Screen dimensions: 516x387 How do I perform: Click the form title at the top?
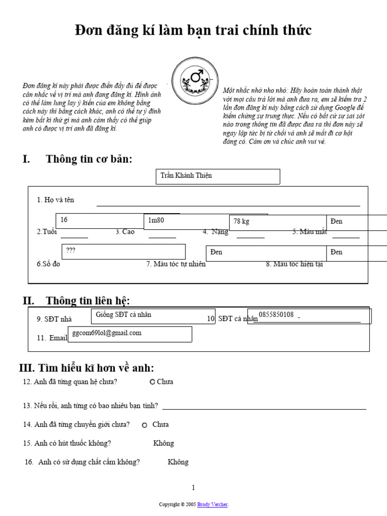coord(193,31)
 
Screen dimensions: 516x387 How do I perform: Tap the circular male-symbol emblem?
coord(195,80)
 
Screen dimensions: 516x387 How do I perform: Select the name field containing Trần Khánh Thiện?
coord(217,176)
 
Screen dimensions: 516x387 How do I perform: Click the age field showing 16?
coord(99,221)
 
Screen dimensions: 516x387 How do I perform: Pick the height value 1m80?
coord(186,221)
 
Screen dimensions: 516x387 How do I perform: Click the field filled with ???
coord(123,251)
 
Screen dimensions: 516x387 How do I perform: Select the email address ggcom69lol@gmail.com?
coord(130,334)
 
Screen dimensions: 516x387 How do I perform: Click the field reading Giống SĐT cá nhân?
coord(154,315)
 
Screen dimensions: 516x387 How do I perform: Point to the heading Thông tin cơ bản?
coord(89,159)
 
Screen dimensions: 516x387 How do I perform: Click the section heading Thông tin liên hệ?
coord(88,301)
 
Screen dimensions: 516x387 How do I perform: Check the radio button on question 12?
coord(152,382)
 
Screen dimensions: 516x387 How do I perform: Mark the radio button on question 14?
coord(145,425)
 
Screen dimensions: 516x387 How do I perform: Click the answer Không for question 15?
coord(163,443)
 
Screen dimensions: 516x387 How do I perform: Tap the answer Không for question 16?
coord(178,462)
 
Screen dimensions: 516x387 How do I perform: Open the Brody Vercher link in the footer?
coord(213,504)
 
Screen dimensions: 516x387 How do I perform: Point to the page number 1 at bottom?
coord(193,487)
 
